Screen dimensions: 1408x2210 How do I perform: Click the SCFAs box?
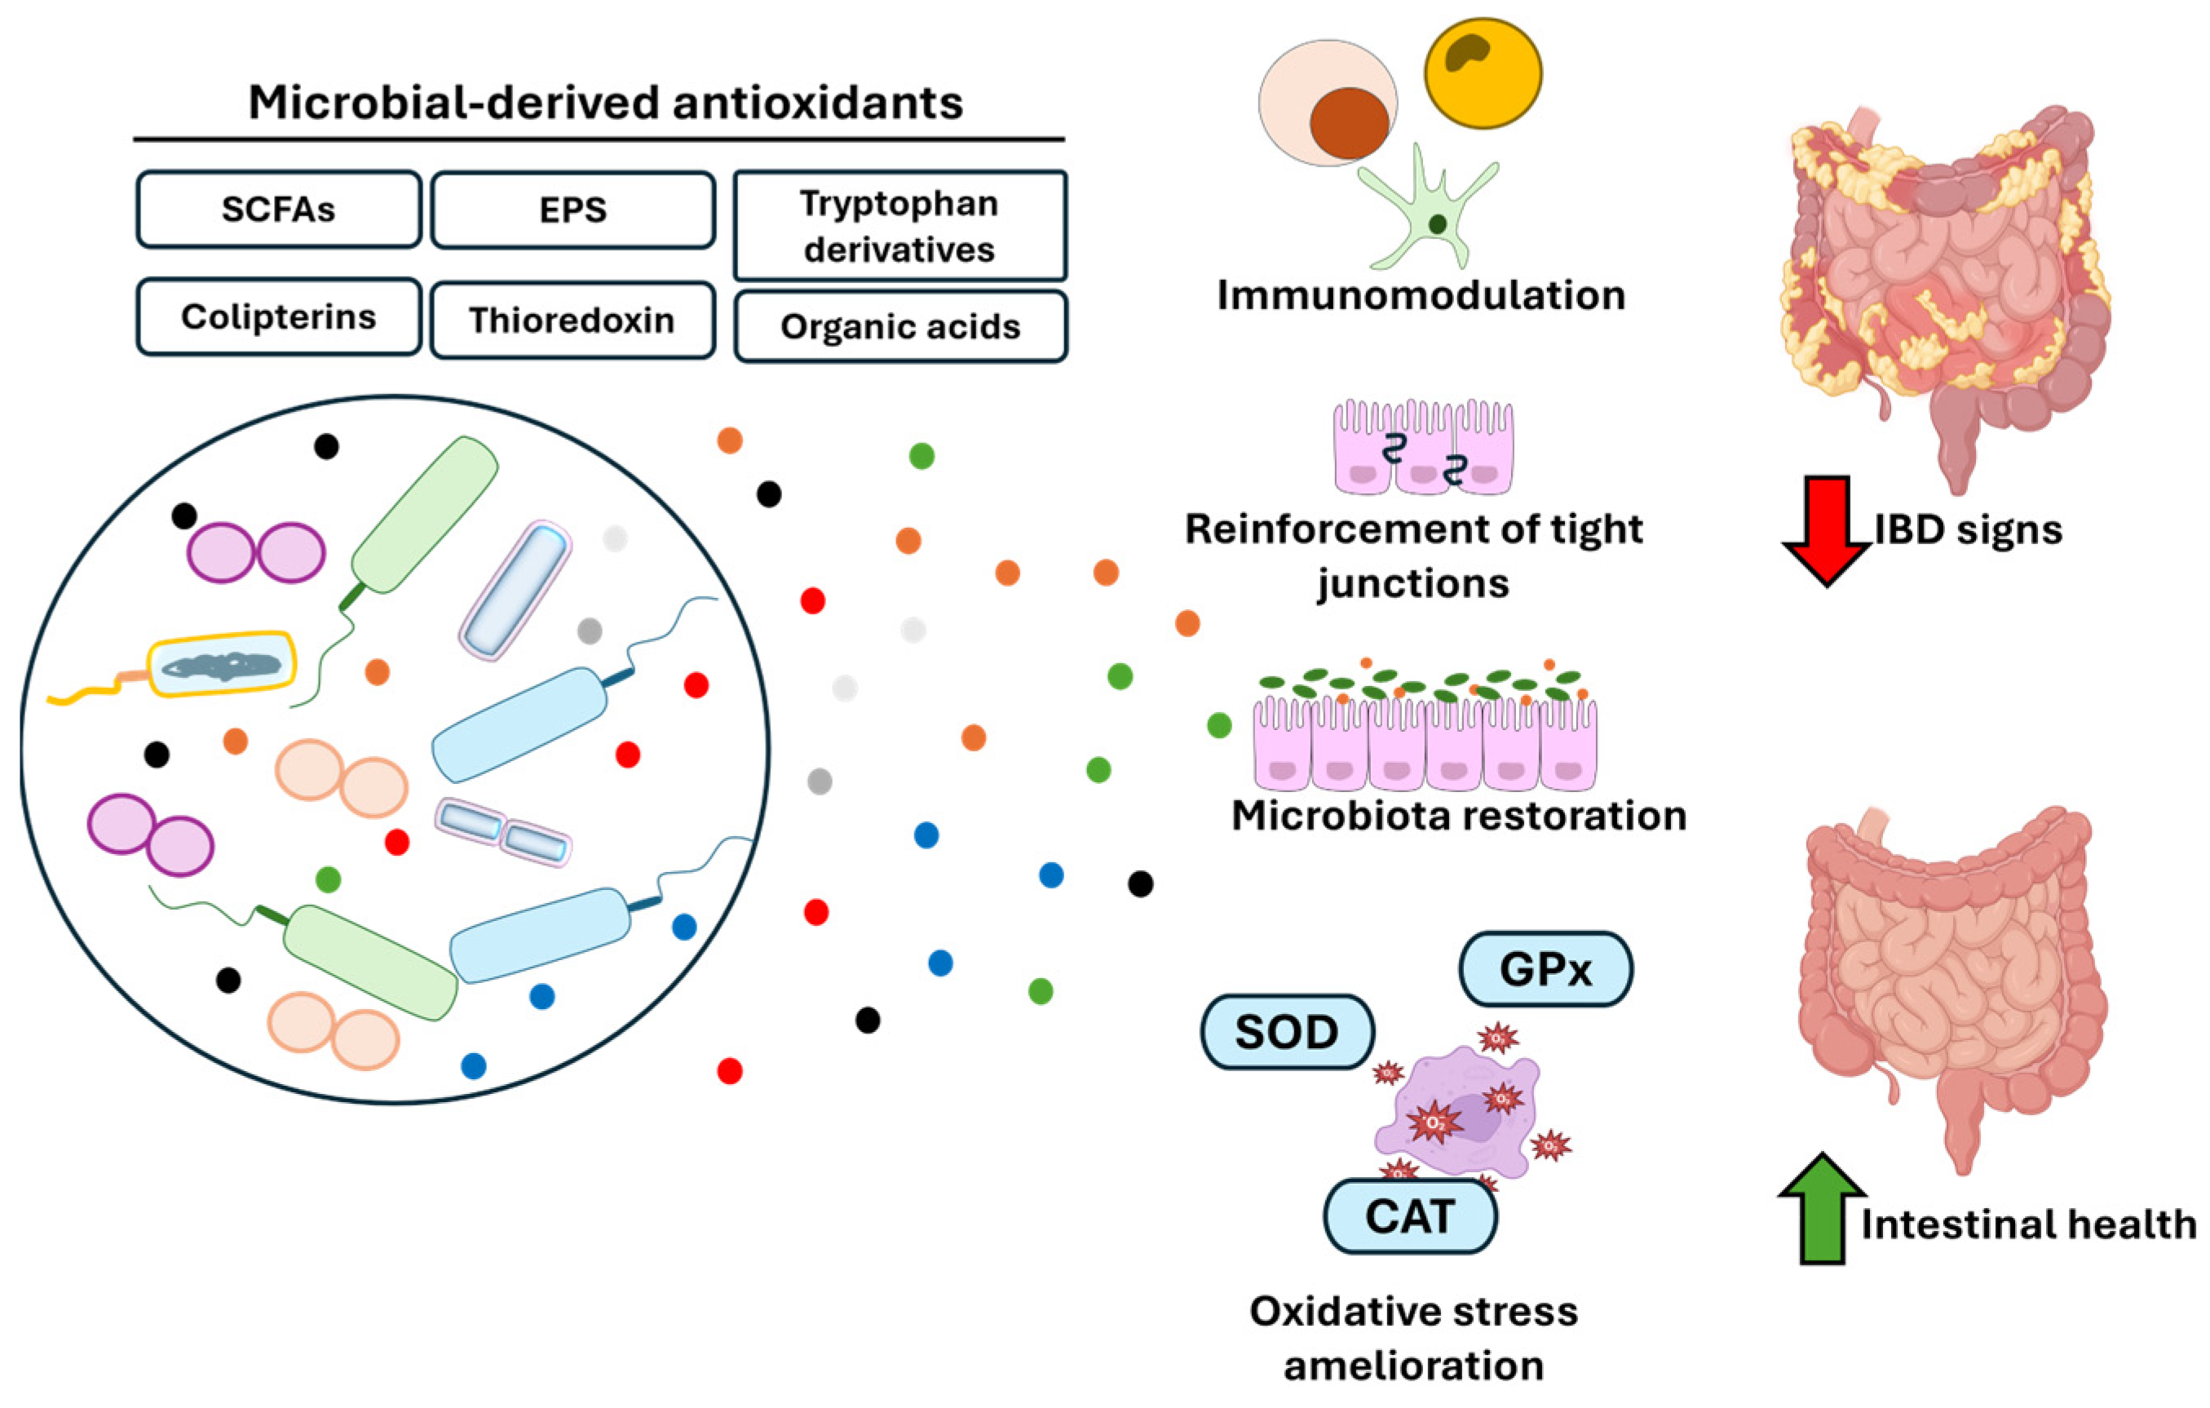[278, 210]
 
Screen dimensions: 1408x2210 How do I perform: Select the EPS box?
[572, 210]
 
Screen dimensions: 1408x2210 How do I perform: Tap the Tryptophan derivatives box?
[899, 226]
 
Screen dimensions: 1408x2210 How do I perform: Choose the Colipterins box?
[278, 317]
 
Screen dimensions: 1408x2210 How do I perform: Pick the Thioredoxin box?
[572, 321]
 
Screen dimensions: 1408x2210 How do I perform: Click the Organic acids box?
[899, 327]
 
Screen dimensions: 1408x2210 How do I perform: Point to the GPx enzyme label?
[1545, 969]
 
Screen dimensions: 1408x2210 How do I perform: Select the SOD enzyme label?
[1287, 1032]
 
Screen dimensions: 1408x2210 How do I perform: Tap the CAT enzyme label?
[1410, 1217]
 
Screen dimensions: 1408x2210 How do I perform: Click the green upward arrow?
[1823, 1210]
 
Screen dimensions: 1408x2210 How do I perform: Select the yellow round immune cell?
[1483, 73]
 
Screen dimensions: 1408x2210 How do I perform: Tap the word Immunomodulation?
[1421, 295]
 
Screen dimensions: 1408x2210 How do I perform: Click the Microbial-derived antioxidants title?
[606, 102]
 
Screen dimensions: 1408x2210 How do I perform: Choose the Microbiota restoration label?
[1459, 815]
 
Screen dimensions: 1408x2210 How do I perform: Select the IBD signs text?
[1968, 529]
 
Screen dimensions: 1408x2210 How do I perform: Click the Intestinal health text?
[2028, 1224]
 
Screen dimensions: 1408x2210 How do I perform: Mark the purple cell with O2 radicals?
[1459, 1115]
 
